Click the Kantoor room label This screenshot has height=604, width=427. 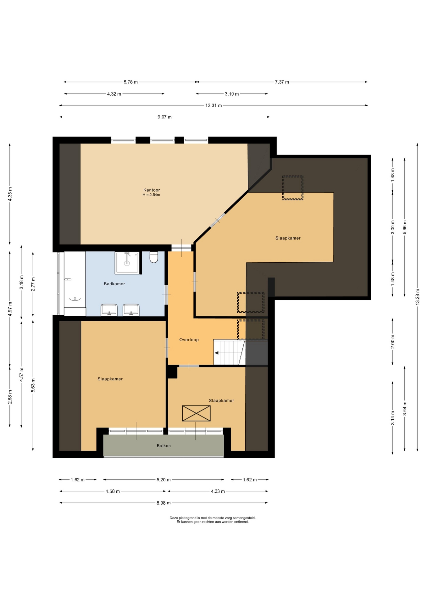pyautogui.click(x=152, y=190)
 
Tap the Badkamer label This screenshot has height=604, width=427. pyautogui.click(x=114, y=284)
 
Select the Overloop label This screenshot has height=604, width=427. pyautogui.click(x=189, y=340)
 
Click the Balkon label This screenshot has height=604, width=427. pyautogui.click(x=164, y=446)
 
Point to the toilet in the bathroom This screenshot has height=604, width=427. pyautogui.click(x=154, y=257)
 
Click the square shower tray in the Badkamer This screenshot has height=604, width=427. pyautogui.click(x=127, y=263)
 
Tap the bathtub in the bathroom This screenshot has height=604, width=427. pyautogui.click(x=75, y=280)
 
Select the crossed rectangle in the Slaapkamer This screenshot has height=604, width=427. pyautogui.click(x=196, y=413)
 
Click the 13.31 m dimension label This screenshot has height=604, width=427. pyautogui.click(x=213, y=105)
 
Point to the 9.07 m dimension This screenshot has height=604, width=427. pyautogui.click(x=164, y=117)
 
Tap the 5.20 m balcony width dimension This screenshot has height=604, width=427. pyautogui.click(x=164, y=480)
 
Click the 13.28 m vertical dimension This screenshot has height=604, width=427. pyautogui.click(x=417, y=297)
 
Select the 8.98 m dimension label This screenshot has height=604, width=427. pyautogui.click(x=164, y=503)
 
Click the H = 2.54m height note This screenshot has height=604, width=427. pyautogui.click(x=151, y=195)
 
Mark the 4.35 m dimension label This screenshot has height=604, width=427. pyautogui.click(x=10, y=194)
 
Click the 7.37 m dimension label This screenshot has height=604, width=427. pyautogui.click(x=282, y=82)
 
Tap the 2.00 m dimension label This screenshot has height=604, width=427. pyautogui.click(x=392, y=342)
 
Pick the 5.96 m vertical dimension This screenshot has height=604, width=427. pyautogui.click(x=405, y=227)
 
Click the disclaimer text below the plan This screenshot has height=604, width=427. pyautogui.click(x=213, y=520)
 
